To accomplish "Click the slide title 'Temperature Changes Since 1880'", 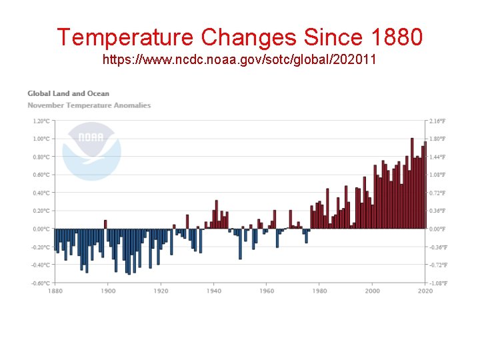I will (x=239, y=37).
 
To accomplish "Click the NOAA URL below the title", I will (x=239, y=60).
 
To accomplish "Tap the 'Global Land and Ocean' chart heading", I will (x=68, y=93).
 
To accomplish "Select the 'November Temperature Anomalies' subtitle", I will (x=89, y=105).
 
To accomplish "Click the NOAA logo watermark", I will (x=91, y=151).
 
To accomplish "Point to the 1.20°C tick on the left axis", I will (x=41, y=121).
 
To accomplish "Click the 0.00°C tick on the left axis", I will (x=41, y=229).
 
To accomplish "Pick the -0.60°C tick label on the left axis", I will (x=40, y=283).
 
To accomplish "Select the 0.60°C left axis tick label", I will (x=41, y=175).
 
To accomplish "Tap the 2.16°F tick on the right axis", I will (x=437, y=121).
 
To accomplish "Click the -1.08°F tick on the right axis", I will (x=437, y=283).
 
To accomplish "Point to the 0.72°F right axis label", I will (x=437, y=193).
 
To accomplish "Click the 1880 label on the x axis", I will (x=55, y=291).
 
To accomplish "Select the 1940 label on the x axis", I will (x=213, y=291).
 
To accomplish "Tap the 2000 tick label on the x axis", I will (x=372, y=291).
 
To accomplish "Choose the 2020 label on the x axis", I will (x=425, y=291).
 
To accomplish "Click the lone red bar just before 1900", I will (x=105, y=224).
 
